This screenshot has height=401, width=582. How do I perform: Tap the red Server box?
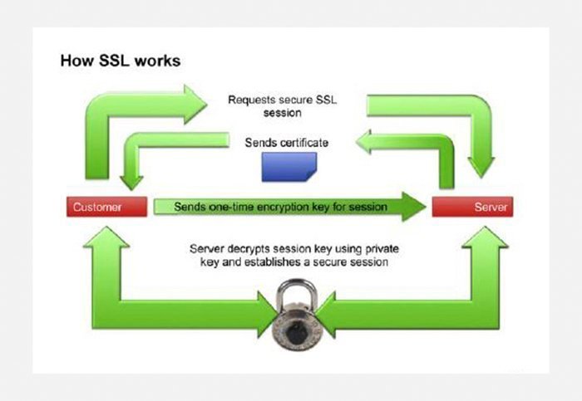(x=472, y=207)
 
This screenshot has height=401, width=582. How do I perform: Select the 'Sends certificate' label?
(x=286, y=143)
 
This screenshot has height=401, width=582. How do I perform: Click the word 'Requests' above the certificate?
(x=253, y=100)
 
